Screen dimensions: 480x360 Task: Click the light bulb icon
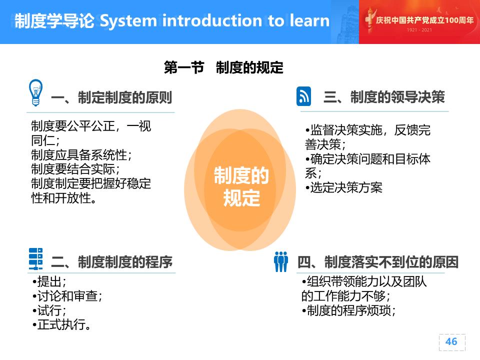[x=35, y=93]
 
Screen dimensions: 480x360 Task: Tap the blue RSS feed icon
[x=303, y=96]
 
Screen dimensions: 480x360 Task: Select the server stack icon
[x=35, y=259]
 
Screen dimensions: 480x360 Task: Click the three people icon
[x=281, y=261]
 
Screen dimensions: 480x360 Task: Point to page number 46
[x=451, y=341]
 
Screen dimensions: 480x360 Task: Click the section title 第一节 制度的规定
[x=224, y=67]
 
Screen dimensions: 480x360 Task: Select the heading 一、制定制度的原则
[x=111, y=97]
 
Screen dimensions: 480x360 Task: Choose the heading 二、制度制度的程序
[x=111, y=262]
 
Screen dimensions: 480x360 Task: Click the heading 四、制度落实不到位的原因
[x=378, y=262]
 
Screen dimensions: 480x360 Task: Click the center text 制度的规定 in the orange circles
[x=241, y=186]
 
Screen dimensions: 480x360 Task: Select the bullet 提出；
[x=49, y=281]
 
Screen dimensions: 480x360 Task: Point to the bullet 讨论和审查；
[x=67, y=296]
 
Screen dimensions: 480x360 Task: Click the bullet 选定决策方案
[x=344, y=187]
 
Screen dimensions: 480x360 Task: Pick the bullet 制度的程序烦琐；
[x=348, y=310]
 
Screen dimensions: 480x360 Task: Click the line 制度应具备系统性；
[x=81, y=155]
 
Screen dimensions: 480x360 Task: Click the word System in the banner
[x=128, y=21]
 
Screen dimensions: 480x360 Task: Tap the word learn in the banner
[x=309, y=21]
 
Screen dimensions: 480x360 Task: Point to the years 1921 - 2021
[x=419, y=30]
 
